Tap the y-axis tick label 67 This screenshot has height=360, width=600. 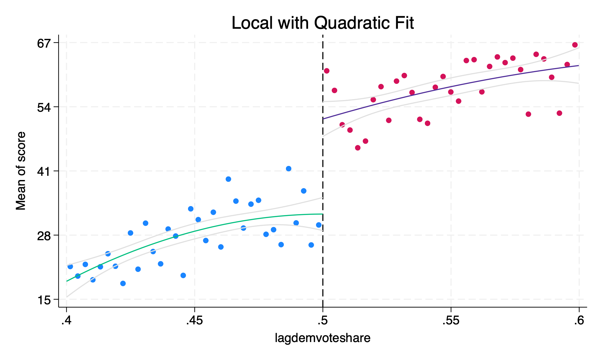click(43, 43)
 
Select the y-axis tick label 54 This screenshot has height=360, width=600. click(43, 107)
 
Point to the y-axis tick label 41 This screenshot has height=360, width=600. click(43, 171)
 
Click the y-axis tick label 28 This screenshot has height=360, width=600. click(43, 235)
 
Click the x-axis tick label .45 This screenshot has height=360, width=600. click(194, 321)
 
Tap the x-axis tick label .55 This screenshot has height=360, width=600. click(451, 321)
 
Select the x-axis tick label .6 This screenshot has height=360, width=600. click(578, 321)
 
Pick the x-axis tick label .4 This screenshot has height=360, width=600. click(66, 321)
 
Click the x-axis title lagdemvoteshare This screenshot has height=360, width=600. click(322, 338)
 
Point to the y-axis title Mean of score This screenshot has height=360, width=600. click(21, 171)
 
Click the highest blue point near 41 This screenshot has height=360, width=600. click(289, 169)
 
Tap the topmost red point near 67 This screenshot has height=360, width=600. click(575, 45)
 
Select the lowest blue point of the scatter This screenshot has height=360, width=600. click(123, 283)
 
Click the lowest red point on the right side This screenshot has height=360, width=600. click(358, 148)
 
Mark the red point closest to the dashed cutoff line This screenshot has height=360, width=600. click(327, 71)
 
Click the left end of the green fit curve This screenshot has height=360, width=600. click(67, 281)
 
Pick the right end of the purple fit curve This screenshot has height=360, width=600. click(578, 66)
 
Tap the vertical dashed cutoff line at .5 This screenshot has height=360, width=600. click(323, 180)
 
